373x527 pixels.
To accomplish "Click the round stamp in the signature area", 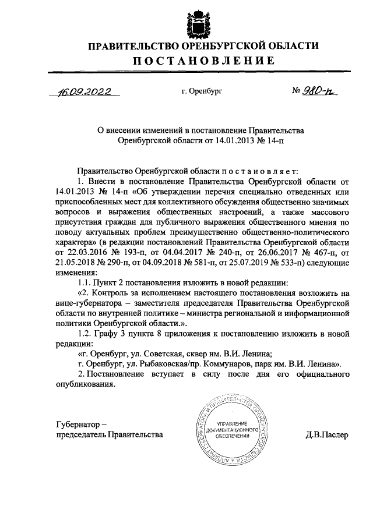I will pyautogui.click(x=229, y=429).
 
